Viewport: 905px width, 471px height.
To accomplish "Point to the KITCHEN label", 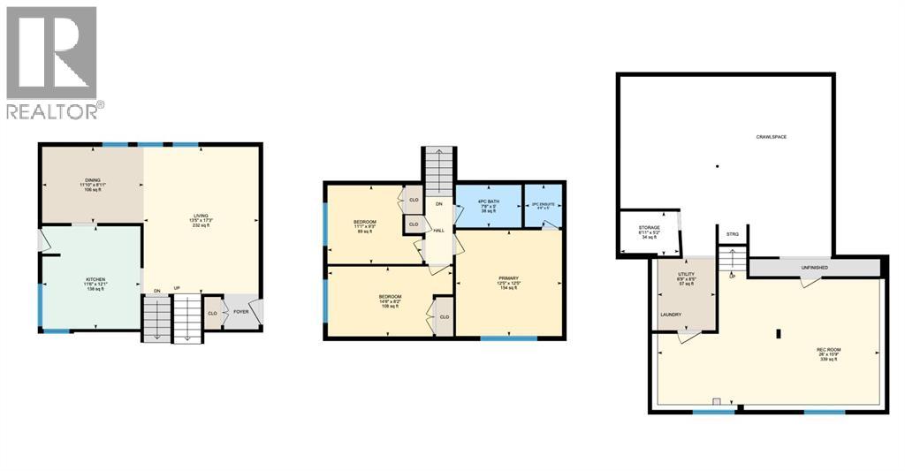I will pyautogui.click(x=95, y=279).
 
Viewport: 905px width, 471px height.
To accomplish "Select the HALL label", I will pyautogui.click(x=438, y=231).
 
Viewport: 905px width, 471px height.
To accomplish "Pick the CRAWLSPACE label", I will pyautogui.click(x=771, y=137).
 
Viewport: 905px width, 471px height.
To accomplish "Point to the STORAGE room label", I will pyautogui.click(x=650, y=228).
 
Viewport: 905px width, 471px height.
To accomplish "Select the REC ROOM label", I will pyautogui.click(x=828, y=350).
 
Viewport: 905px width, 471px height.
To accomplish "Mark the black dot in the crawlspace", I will pyautogui.click(x=718, y=165).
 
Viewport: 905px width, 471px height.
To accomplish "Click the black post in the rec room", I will pyautogui.click(x=778, y=334).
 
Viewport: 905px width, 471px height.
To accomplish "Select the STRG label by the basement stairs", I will pyautogui.click(x=732, y=234).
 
